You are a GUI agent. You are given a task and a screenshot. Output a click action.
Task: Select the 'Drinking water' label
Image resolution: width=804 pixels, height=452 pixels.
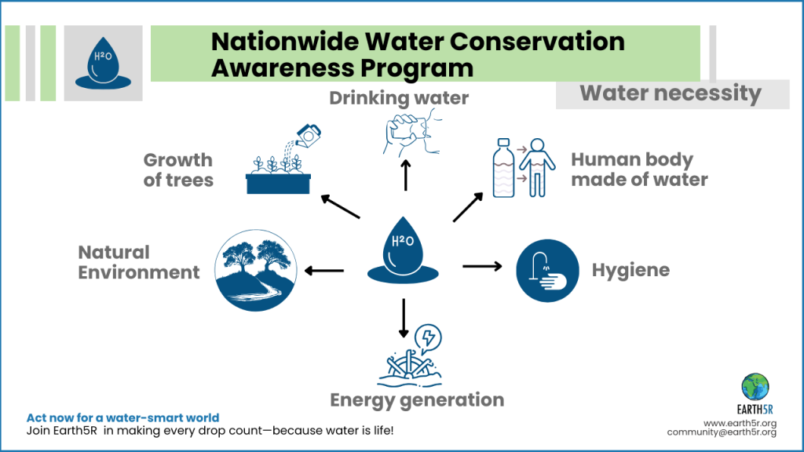(x=399, y=98)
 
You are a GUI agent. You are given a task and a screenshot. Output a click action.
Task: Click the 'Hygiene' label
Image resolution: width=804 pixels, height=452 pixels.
(x=630, y=270)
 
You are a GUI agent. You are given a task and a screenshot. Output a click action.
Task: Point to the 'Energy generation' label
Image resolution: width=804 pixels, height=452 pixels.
(x=416, y=400)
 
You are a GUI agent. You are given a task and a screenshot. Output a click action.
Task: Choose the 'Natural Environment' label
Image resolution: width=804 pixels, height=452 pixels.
(x=139, y=262)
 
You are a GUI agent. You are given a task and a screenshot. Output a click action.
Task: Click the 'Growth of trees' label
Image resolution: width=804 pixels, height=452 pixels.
(x=178, y=169)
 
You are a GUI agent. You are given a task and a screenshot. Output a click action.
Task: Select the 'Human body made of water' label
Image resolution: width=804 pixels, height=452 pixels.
(x=639, y=169)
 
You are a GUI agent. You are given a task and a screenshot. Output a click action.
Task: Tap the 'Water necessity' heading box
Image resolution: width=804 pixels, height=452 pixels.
(x=671, y=94)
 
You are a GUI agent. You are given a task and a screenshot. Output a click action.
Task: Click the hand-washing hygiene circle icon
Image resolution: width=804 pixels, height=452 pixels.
(x=542, y=268)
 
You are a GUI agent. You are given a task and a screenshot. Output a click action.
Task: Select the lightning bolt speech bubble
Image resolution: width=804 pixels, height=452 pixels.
(x=428, y=338)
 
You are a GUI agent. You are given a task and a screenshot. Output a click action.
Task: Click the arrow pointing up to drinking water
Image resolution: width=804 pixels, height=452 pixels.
(x=406, y=175)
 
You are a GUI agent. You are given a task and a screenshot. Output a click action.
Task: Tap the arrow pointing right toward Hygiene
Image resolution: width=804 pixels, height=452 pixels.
(x=482, y=267)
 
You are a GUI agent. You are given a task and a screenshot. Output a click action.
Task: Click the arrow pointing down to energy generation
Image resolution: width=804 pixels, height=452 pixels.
(x=404, y=317)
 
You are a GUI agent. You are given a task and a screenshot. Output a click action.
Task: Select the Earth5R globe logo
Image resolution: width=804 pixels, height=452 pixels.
(x=755, y=386)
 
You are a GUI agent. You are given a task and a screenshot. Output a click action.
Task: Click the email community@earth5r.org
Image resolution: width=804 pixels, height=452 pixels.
(x=722, y=432)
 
